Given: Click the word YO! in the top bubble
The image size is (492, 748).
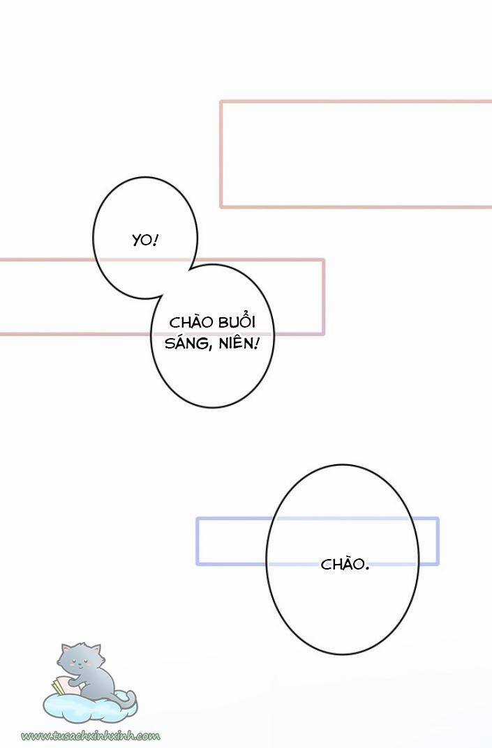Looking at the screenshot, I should pyautogui.click(x=145, y=241).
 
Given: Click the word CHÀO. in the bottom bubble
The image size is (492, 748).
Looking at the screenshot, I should pyautogui.click(x=345, y=564).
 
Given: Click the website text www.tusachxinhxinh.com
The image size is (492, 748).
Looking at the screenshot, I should pyautogui.click(x=91, y=735).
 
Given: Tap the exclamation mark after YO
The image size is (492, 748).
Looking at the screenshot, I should pyautogui.click(x=156, y=241).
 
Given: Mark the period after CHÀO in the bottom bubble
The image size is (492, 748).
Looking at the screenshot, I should pyautogui.click(x=366, y=567).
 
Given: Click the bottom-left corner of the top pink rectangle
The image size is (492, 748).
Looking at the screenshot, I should pyautogui.click(x=222, y=206).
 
